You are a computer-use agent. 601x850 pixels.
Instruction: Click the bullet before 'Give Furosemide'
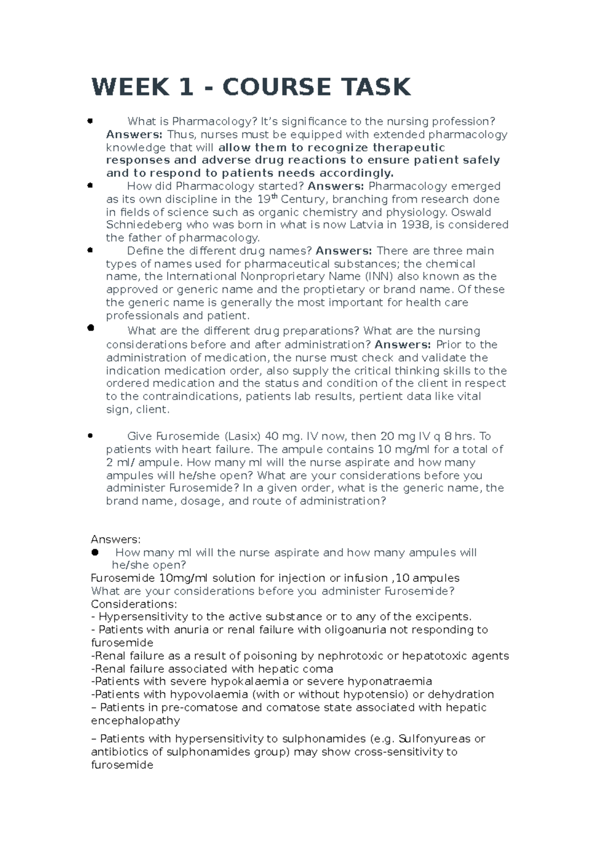tap(90, 436)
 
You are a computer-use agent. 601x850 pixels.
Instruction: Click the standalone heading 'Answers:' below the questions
tap(116, 540)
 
